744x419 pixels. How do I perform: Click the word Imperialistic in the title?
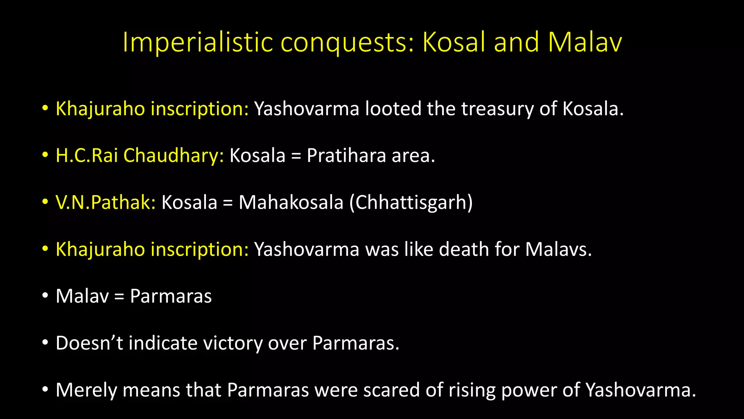click(198, 42)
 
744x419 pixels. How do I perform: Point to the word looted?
click(393, 109)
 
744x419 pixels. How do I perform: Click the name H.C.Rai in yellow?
click(86, 155)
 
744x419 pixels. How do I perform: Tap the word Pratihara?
click(346, 155)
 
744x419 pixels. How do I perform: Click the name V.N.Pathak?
click(105, 202)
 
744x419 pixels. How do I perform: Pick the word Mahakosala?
click(291, 202)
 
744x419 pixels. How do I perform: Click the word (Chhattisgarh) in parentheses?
click(411, 202)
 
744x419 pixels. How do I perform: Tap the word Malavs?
click(558, 250)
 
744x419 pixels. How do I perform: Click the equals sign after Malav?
click(119, 297)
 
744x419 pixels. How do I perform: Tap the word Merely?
click(86, 390)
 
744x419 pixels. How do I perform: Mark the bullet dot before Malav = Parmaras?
click(45, 296)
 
